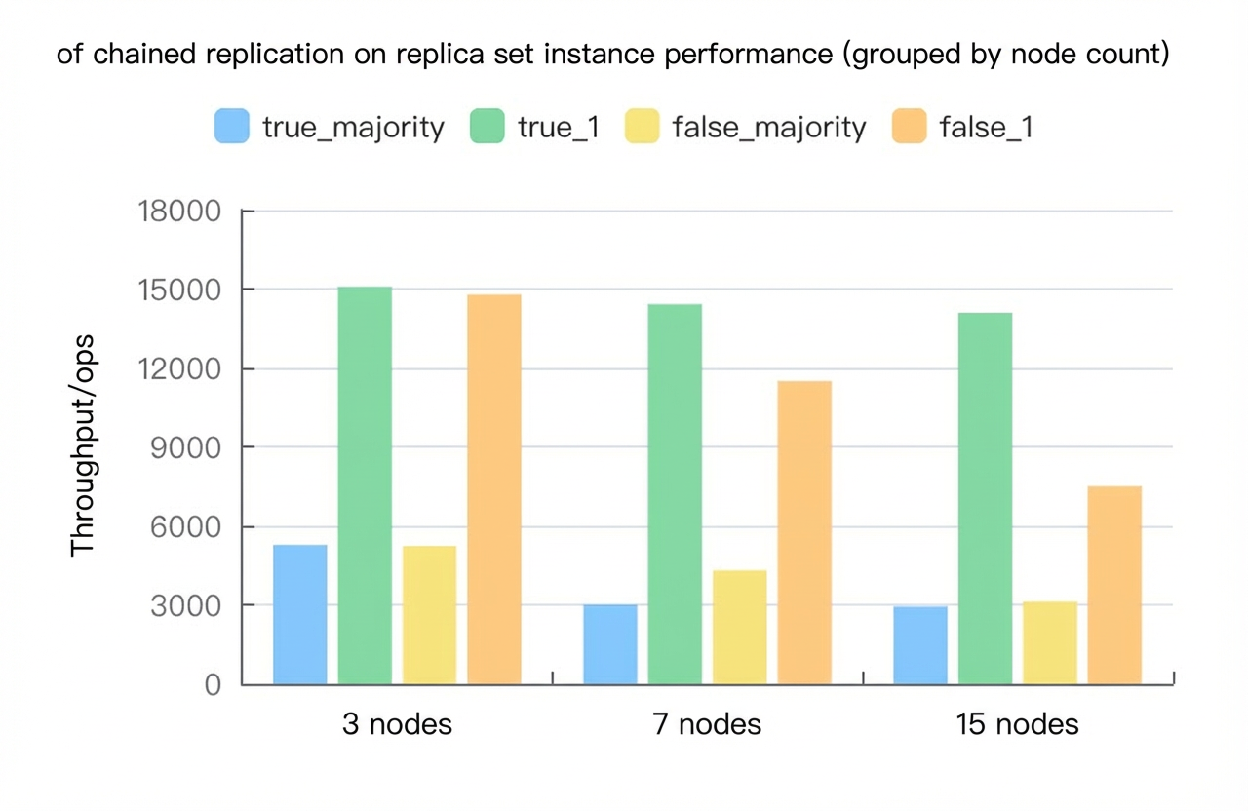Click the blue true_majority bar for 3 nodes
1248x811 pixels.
pos(299,614)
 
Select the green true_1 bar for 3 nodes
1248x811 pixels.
pos(365,485)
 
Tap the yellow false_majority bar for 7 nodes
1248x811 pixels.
pos(740,627)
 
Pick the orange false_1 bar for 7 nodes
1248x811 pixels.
pos(804,533)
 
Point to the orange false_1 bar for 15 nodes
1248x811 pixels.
pos(1114,586)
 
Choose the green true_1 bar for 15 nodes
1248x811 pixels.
pos(985,498)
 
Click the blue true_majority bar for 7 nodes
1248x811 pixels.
pos(610,644)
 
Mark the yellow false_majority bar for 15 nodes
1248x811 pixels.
pos(1050,643)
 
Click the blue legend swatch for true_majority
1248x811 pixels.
pos(232,126)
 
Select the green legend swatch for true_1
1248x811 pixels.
pos(487,126)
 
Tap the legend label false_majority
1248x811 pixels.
pos(769,128)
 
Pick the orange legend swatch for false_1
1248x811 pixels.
pos(910,126)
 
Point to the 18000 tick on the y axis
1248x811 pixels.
pos(178,212)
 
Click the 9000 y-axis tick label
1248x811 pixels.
pos(185,447)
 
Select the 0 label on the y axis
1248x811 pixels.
pos(213,684)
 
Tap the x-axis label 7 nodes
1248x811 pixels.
pos(707,724)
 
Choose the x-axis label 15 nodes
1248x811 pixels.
pos(1017,724)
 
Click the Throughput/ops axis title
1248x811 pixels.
pos(83,445)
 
